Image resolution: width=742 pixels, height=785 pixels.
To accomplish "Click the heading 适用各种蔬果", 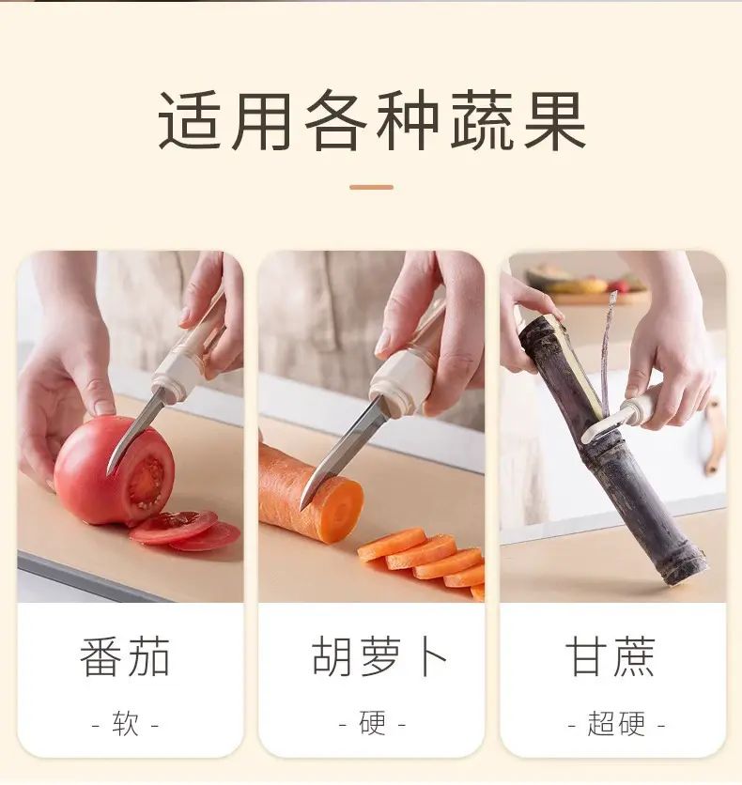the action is pyautogui.click(x=372, y=120).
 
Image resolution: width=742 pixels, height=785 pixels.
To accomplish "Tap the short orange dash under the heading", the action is pyautogui.click(x=372, y=187).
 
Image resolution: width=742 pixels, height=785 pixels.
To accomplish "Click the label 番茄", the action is pyautogui.click(x=125, y=656).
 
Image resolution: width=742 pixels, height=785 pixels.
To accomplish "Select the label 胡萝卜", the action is pyautogui.click(x=379, y=656).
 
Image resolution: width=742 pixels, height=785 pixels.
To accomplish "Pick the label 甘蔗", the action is pyautogui.click(x=611, y=656).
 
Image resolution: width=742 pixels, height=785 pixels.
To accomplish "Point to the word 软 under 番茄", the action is pyautogui.click(x=125, y=723).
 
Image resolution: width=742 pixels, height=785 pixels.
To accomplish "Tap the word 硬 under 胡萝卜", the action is pyautogui.click(x=373, y=723).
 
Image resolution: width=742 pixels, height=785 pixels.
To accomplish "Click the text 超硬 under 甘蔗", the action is pyautogui.click(x=616, y=723).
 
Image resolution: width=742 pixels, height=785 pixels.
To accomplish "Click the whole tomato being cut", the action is pyautogui.click(x=115, y=470).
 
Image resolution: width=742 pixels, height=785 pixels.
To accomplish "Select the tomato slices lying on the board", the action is pyautogui.click(x=185, y=531).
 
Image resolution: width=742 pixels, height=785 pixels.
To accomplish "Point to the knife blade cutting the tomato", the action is pyautogui.click(x=135, y=432).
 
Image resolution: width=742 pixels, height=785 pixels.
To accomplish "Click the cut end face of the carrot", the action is pyautogui.click(x=341, y=510).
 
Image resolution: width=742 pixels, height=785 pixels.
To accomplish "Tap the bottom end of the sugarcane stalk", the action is pyautogui.click(x=687, y=571).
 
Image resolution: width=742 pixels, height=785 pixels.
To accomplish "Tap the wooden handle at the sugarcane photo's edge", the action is pyautogui.click(x=714, y=437).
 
